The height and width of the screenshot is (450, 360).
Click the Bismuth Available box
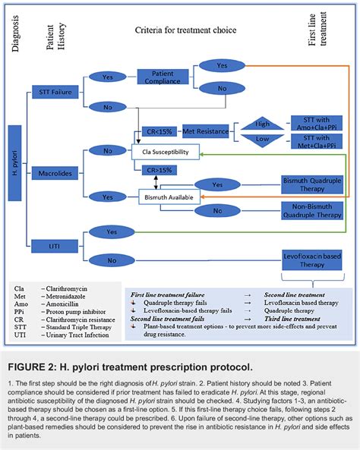[165, 197]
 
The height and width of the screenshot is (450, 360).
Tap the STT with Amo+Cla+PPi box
[317, 124]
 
